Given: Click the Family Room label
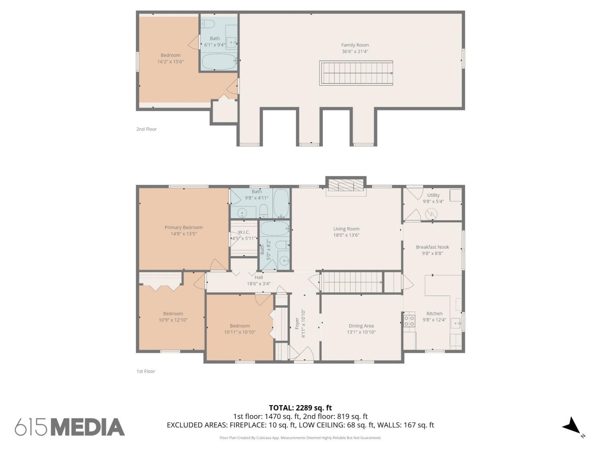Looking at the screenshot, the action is click(x=355, y=45).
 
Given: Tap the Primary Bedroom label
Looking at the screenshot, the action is click(x=184, y=227).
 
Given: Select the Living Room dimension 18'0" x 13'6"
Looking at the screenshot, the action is click(x=346, y=235).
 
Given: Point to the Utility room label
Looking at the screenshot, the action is click(x=433, y=195).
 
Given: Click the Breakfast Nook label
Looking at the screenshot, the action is click(x=432, y=247).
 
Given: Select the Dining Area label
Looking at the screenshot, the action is click(x=361, y=326).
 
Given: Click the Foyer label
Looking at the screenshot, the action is click(x=297, y=324).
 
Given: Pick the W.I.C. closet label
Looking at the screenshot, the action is click(x=244, y=232).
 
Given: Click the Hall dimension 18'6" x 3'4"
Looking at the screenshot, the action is click(x=258, y=284).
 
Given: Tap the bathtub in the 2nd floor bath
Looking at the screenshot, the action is click(x=219, y=62).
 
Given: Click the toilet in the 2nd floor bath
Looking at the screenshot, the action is click(x=208, y=24).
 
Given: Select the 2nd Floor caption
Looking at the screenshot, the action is click(x=147, y=129).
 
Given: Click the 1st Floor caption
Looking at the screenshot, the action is click(x=146, y=371).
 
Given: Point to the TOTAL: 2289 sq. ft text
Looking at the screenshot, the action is click(x=300, y=408).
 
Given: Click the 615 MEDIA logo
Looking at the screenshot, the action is click(x=70, y=427).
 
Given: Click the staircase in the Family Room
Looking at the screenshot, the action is click(x=356, y=73).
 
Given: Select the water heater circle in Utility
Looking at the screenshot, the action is click(x=431, y=214).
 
